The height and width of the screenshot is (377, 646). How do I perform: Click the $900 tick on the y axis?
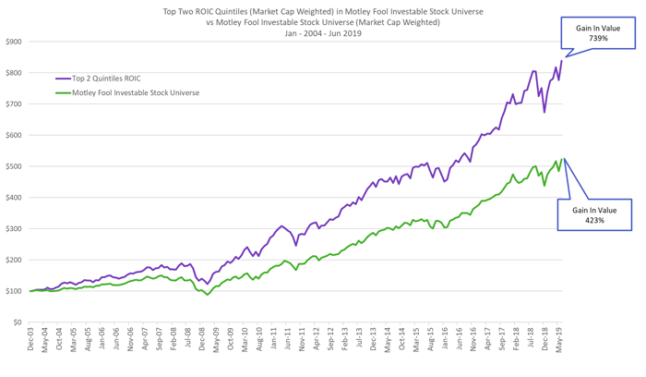coord(15,42)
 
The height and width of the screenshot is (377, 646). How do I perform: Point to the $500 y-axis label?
coord(15,166)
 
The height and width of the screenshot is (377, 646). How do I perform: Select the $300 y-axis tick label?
coord(15,228)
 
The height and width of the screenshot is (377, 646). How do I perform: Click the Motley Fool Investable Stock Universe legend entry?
coord(135,92)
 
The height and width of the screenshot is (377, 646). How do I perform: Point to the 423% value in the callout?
coord(595,222)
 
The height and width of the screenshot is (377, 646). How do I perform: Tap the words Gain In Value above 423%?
coord(595,211)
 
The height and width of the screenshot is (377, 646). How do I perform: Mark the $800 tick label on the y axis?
coord(15,73)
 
